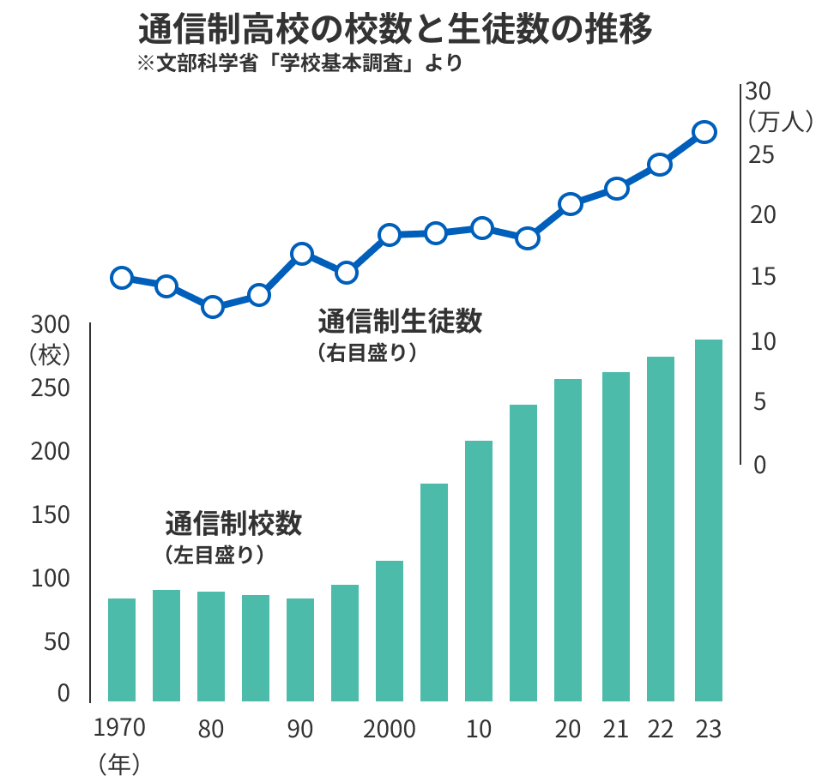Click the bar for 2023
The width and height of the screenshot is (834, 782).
[x=708, y=520]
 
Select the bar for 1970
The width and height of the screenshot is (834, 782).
[x=122, y=649]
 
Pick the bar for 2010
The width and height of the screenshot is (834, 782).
[x=479, y=570]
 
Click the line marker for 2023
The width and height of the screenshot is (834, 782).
[x=704, y=132]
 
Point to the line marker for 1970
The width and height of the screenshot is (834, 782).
[x=122, y=278]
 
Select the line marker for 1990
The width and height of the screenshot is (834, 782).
[x=301, y=254]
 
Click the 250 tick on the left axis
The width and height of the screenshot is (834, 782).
[x=50, y=388]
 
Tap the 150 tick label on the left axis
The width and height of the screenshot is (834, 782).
[x=50, y=515]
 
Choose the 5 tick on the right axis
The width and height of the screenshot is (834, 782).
[x=758, y=402]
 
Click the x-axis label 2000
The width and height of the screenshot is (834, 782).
[x=390, y=730]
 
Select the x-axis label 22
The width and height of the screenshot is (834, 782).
[x=660, y=730]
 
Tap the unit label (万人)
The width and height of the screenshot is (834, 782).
[x=778, y=122]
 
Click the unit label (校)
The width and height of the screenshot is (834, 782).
[x=50, y=353]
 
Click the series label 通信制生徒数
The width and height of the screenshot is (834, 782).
[x=400, y=322]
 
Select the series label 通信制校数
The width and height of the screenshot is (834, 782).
[x=233, y=523]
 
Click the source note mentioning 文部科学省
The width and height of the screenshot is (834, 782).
[x=299, y=64]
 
